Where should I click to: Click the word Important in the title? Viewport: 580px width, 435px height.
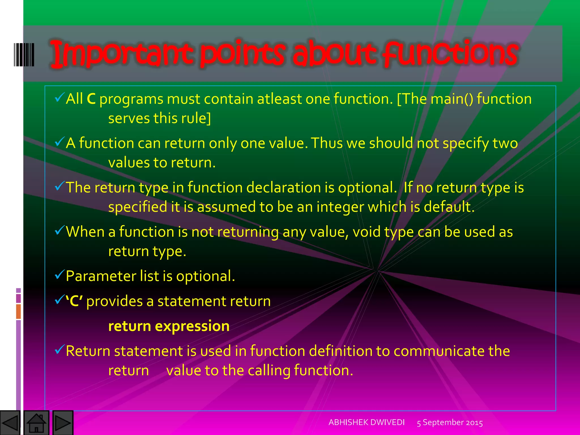[122, 54]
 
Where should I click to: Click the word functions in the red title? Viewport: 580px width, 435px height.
[450, 54]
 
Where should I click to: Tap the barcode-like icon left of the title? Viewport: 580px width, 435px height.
[24, 54]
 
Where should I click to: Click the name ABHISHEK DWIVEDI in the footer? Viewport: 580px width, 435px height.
[366, 422]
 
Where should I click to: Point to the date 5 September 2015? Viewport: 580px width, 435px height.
[450, 423]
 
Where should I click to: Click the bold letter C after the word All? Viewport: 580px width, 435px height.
[91, 99]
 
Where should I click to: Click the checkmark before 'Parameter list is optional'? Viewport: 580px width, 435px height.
[59, 274]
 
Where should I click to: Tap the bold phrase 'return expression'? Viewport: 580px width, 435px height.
[169, 326]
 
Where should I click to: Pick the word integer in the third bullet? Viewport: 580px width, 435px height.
[340, 207]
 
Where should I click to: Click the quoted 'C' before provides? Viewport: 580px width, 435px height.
[74, 301]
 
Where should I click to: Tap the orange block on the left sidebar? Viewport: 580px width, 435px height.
[18, 311]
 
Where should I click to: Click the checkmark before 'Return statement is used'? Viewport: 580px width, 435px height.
[59, 349]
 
